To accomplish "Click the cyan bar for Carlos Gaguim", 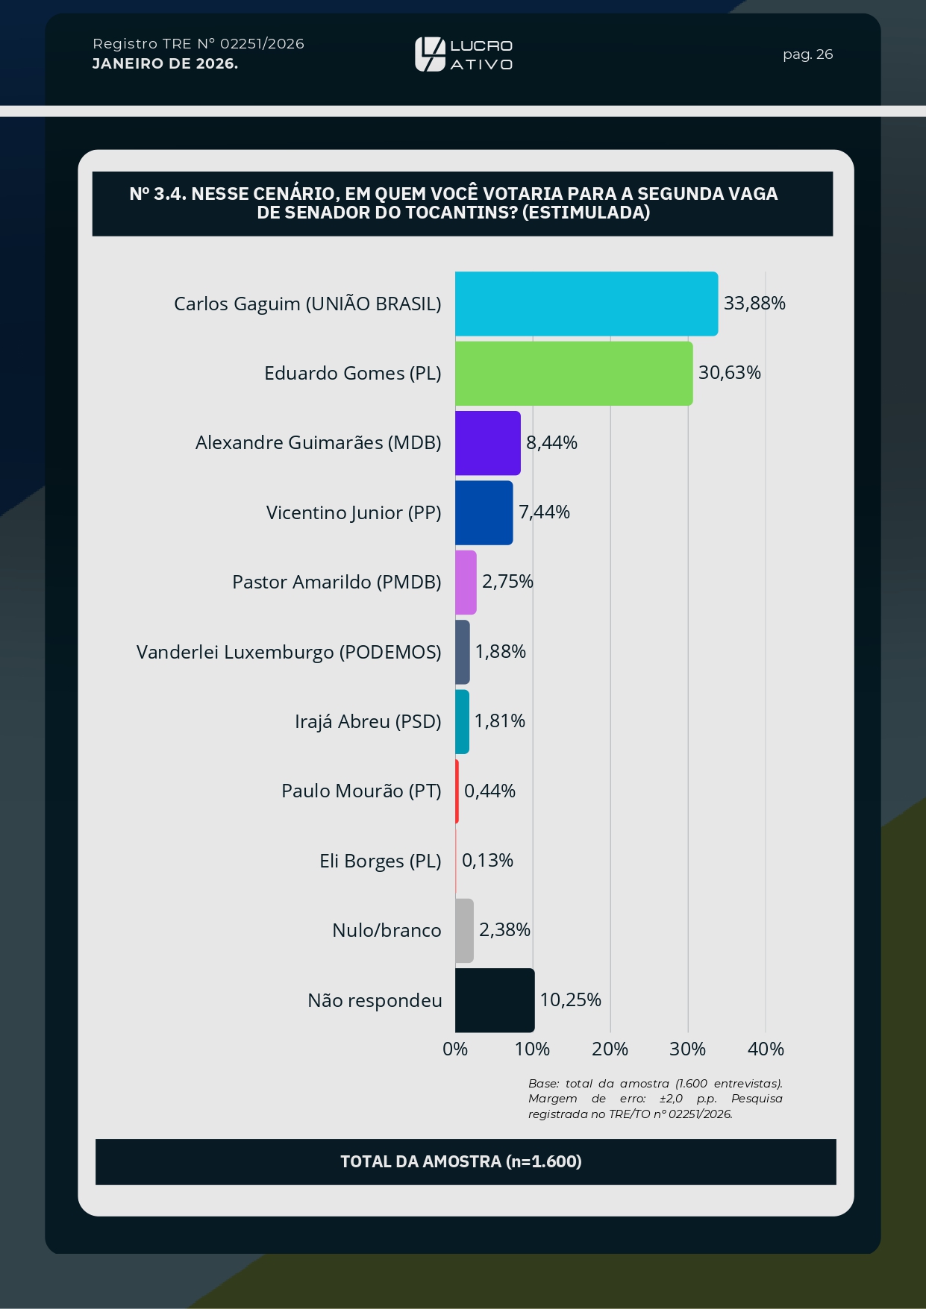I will pos(586,304).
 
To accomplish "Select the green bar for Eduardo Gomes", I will pos(574,374).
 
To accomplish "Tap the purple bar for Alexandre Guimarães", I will pos(488,443).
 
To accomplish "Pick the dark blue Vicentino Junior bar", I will pos(484,512).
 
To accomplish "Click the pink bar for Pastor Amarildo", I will pos(466,583).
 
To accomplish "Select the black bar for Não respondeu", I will pos(495,1000).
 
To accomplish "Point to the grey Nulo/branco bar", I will pos(465,931).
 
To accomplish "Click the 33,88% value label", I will pos(754,304).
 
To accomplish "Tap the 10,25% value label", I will pos(570,1000).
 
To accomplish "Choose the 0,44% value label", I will pos(489,791).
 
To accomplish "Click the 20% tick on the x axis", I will pos(610,1049).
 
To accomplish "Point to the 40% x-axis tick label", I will pos(766,1049).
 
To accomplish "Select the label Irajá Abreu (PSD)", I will pos(368,722).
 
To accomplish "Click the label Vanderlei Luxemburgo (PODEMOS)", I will pos(289,653).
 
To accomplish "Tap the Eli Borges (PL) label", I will pos(381,861).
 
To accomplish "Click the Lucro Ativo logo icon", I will pos(430,54).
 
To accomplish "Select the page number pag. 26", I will pos(807,54).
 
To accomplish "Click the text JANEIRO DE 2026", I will pos(165,64).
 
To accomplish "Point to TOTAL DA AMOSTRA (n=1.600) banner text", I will pos(461,1161).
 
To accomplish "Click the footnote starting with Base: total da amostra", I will pos(655,1099).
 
